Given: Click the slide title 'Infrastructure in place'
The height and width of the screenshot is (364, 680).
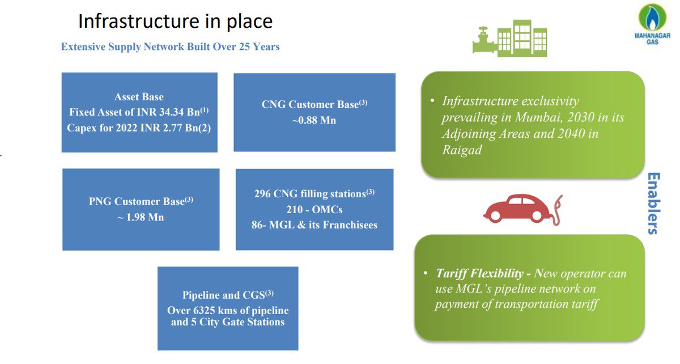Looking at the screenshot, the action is tap(175, 21).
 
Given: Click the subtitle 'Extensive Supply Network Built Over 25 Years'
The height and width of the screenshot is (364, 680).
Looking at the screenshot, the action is tap(170, 46).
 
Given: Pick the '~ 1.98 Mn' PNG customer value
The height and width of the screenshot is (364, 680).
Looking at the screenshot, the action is tap(141, 217).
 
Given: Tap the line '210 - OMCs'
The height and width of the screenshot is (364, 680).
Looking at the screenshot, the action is tap(314, 210).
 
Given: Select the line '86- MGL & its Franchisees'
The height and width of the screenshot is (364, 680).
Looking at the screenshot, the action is tap(314, 225).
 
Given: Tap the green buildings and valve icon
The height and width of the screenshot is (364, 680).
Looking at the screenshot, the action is tap(509, 38).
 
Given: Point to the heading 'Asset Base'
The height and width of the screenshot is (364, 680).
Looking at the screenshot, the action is tap(139, 97).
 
